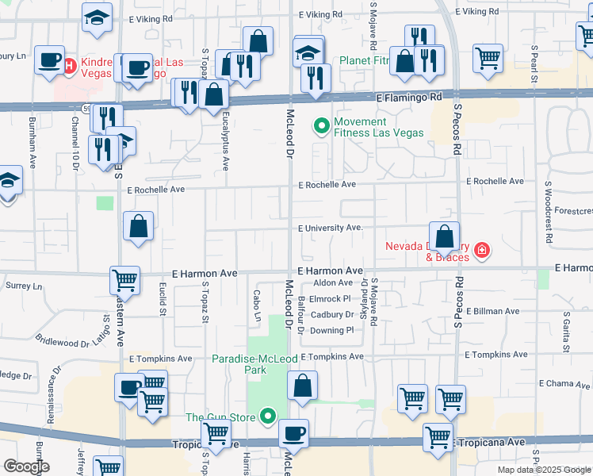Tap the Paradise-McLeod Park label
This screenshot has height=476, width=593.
click(254, 364)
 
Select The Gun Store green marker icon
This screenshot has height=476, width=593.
click(268, 416)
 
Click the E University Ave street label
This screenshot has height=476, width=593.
click(330, 228)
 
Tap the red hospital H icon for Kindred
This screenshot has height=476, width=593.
click(69, 63)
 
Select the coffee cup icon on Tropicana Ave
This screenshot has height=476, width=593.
click(293, 434)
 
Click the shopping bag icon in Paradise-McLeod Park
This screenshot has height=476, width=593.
click(302, 386)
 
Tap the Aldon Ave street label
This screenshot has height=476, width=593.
click(333, 282)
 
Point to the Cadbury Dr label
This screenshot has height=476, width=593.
click(331, 314)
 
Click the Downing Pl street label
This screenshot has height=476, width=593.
click(331, 330)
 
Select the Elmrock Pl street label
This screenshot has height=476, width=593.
click(330, 299)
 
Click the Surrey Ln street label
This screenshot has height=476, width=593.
click(22, 285)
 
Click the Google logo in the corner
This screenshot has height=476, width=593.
click(26, 466)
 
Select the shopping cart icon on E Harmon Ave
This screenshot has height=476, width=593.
click(124, 280)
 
